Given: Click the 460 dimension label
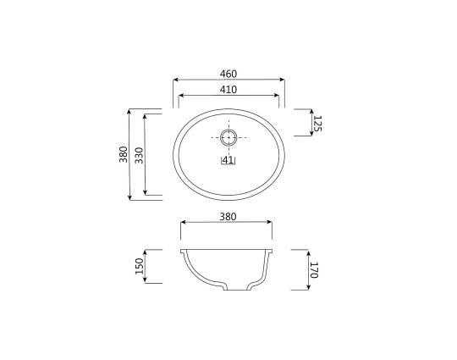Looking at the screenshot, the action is [x=228, y=74].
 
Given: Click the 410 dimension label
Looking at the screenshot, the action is [x=228, y=90].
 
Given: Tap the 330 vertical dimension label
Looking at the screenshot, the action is [x=140, y=155].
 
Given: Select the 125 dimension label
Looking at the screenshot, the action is [x=317, y=124].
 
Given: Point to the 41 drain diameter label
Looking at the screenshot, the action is [x=228, y=160].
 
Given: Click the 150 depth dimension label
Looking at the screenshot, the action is [x=140, y=266].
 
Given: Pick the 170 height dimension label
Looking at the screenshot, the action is [x=313, y=270].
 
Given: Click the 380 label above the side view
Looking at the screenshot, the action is [x=228, y=217].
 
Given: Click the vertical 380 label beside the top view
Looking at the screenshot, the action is [x=124, y=154].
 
